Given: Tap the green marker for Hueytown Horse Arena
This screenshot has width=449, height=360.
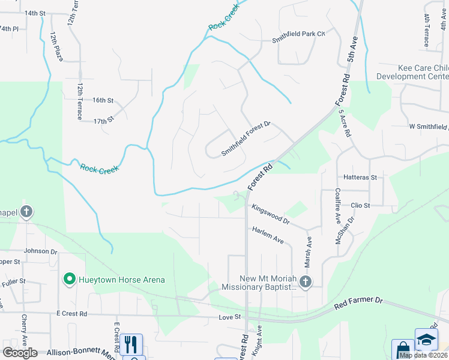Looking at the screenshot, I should click(69, 279).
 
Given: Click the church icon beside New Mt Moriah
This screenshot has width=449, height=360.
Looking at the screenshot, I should click(306, 281).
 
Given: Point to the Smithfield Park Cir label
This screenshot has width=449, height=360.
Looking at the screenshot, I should click(298, 34).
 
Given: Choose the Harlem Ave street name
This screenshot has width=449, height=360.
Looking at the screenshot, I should click(268, 235).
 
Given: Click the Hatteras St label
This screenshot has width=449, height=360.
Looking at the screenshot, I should click(360, 178).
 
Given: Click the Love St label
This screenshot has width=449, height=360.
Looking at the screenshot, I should click(229, 316).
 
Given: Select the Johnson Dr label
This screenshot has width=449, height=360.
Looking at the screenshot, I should click(40, 251).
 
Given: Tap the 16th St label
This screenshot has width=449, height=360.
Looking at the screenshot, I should click(103, 100).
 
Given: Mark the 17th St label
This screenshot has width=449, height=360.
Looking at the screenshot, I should click(103, 121).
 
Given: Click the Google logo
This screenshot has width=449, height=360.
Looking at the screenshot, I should click(19, 352).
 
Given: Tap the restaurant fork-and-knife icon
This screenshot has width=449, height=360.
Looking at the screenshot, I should click(131, 344).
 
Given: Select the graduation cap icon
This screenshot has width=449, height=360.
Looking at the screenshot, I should click(426, 340).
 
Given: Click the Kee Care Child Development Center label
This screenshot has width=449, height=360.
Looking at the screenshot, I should click(412, 72).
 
